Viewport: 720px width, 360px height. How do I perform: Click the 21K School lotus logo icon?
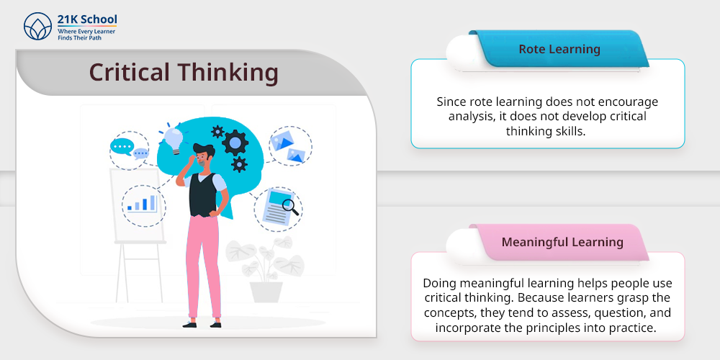pos(37,26)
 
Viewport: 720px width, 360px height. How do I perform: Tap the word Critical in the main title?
pos(130,72)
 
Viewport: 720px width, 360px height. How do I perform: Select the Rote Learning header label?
pos(559,49)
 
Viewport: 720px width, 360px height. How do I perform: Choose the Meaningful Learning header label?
pos(562,242)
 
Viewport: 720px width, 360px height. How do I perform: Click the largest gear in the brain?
pos(235,143)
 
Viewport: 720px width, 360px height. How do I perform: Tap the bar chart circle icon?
pos(143,206)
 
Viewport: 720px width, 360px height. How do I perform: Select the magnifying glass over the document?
pos(291,207)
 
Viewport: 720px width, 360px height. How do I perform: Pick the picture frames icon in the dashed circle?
pos(290,146)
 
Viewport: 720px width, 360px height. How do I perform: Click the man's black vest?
pos(202,194)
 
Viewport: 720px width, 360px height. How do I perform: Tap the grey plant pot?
pos(266,292)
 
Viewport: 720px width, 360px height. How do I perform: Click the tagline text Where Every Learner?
pos(86,31)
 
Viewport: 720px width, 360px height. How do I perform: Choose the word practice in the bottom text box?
pos(632,328)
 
